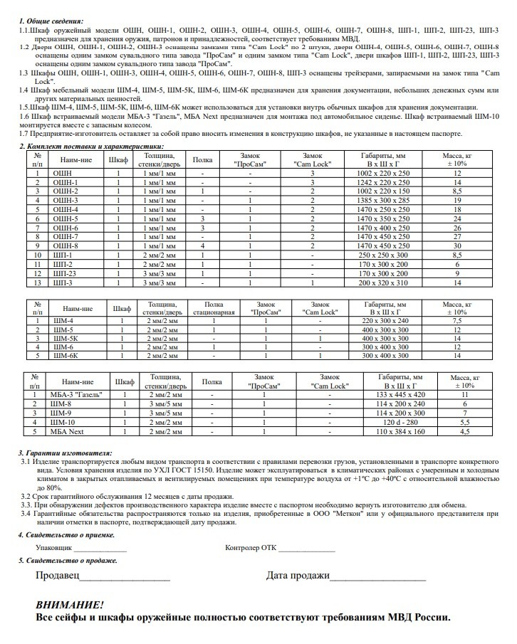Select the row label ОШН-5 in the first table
tap(66, 219)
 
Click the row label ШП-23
tap(66, 273)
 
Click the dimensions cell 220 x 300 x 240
tap(385, 320)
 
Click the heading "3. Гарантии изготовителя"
tap(65, 453)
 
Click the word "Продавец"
tap(58, 576)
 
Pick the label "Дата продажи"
tap(298, 576)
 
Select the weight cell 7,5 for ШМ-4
tap(457, 320)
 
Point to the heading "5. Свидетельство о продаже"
tap(68, 561)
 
